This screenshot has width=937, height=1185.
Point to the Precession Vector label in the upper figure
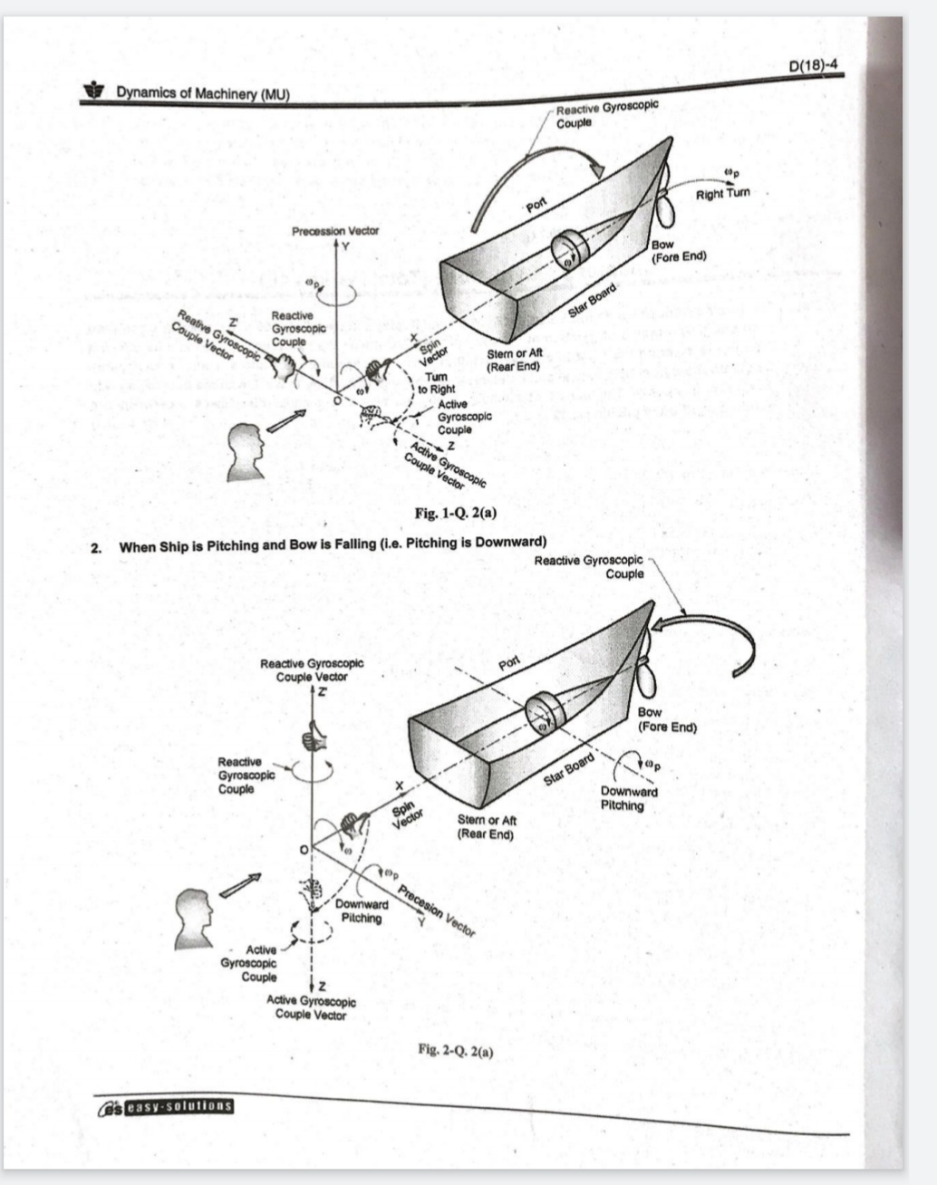pos(335,231)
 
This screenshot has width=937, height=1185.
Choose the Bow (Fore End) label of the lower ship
pos(666,719)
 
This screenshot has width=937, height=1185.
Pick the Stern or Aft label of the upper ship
pos(514,360)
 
